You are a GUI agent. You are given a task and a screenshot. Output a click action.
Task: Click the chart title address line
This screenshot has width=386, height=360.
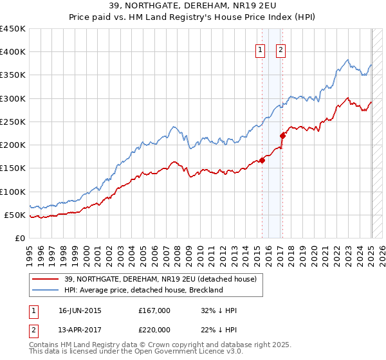pyautogui.click(x=193, y=6)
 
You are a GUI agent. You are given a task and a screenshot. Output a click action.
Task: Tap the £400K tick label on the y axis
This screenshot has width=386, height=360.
pyautogui.click(x=13, y=52)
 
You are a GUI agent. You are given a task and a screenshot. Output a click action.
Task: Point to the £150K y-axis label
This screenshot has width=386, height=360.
pyautogui.click(x=13, y=168)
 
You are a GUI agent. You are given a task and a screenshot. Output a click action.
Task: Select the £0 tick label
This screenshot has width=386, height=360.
pyautogui.click(x=19, y=238)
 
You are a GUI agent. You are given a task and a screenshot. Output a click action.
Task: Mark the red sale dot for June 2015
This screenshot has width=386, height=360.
pyautogui.click(x=262, y=161)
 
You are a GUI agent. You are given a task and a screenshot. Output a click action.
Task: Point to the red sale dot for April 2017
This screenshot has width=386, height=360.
pyautogui.click(x=283, y=136)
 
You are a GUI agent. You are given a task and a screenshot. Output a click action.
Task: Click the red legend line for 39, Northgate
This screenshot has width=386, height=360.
pyautogui.click(x=45, y=279)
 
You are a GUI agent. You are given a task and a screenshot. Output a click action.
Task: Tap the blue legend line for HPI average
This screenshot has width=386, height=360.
pyautogui.click(x=45, y=290)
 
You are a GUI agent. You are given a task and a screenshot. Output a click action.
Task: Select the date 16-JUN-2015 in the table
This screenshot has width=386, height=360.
pyautogui.click(x=80, y=310)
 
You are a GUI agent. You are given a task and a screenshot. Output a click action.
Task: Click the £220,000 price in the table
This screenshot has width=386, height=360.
pyautogui.click(x=154, y=328)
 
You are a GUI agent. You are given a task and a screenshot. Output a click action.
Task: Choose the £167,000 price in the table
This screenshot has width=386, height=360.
pyautogui.click(x=154, y=310)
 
